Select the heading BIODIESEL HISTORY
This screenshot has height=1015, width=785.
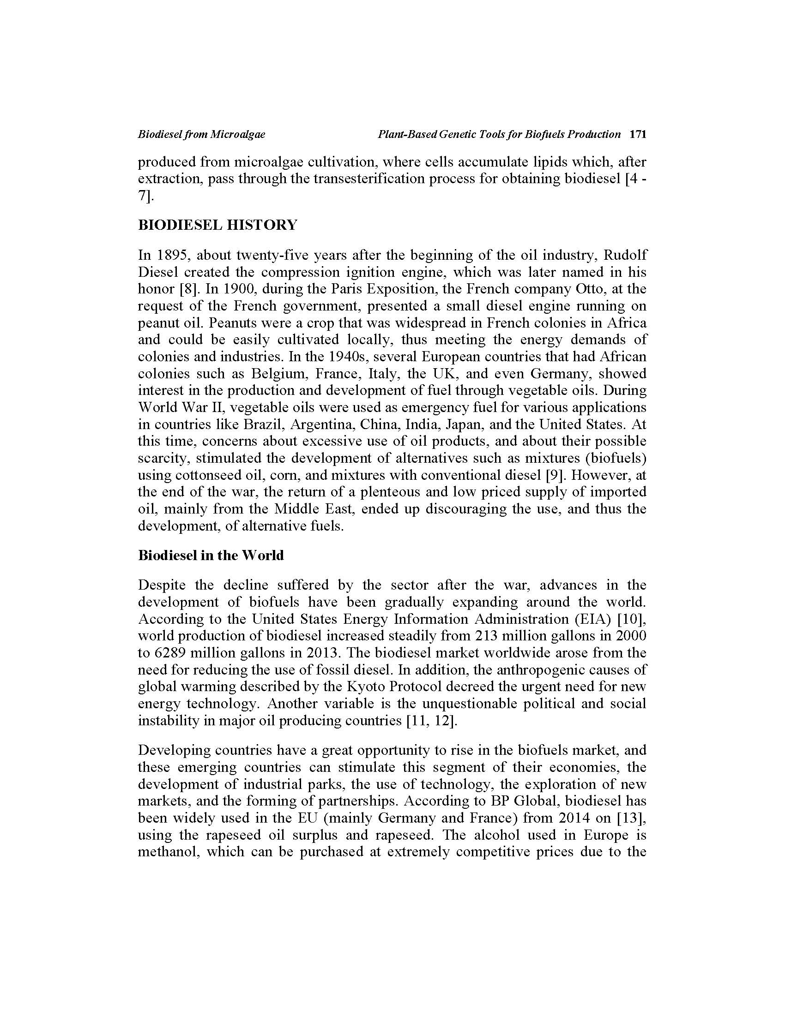click(217, 225)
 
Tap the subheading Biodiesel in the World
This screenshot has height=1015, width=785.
click(211, 555)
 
